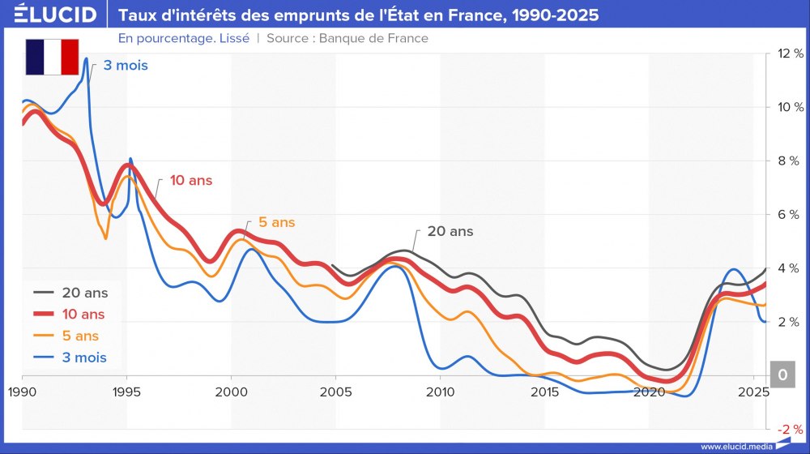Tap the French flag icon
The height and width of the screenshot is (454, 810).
pyautogui.click(x=52, y=57)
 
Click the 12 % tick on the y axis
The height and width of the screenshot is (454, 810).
pyautogui.click(x=789, y=54)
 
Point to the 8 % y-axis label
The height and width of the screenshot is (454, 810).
pyautogui.click(x=791, y=161)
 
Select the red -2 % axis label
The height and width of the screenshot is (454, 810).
pyautogui.click(x=789, y=429)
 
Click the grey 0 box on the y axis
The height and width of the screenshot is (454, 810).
pyautogui.click(x=782, y=375)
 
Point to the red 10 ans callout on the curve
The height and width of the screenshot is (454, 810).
pyautogui.click(x=190, y=181)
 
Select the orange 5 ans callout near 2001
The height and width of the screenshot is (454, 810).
pyautogui.click(x=277, y=222)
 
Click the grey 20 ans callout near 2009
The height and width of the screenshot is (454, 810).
pyautogui.click(x=450, y=231)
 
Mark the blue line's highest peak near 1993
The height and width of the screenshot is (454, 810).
pyautogui.click(x=86, y=59)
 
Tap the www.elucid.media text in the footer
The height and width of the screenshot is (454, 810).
pyautogui.click(x=735, y=446)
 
